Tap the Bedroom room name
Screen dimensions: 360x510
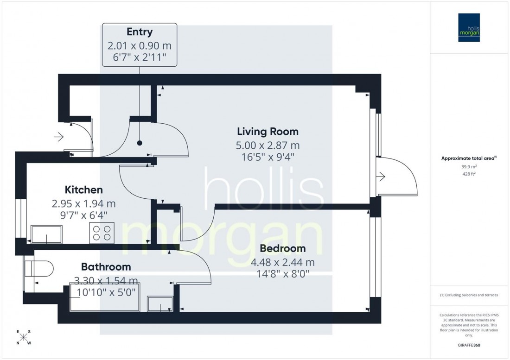(x=282, y=248)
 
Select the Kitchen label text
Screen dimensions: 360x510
(x=83, y=189)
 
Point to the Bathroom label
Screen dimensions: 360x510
(x=106, y=267)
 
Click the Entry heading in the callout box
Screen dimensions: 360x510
(x=140, y=32)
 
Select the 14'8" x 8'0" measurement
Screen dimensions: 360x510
(x=282, y=274)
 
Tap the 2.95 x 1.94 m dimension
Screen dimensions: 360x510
(x=83, y=203)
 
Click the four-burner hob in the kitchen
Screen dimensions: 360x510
(x=102, y=232)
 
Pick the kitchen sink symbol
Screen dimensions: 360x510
(x=46, y=234)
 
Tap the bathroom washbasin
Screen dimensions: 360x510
(x=160, y=304)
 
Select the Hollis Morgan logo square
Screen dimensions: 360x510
(x=469, y=27)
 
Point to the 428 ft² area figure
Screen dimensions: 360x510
(x=469, y=174)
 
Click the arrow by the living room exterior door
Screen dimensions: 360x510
(x=381, y=177)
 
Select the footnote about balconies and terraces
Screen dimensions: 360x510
(x=469, y=295)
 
